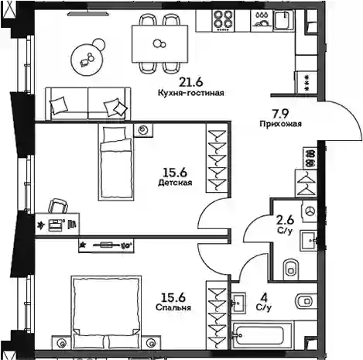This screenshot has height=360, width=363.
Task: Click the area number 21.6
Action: click(x=191, y=82)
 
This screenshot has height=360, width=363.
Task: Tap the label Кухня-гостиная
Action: click(x=191, y=93)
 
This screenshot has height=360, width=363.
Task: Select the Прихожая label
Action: click(x=281, y=124)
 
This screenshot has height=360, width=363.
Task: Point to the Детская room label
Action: click(x=175, y=183)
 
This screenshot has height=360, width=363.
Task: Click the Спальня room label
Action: click(x=173, y=307)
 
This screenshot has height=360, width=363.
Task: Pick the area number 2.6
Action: click(x=286, y=220)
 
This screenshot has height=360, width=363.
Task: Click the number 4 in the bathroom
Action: click(x=264, y=297)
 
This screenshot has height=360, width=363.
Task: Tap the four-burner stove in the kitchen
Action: click(x=224, y=20)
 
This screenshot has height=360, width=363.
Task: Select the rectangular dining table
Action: click(x=159, y=43)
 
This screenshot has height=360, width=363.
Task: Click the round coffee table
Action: click(x=87, y=60)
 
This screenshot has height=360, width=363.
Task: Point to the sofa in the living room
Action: click(x=88, y=104)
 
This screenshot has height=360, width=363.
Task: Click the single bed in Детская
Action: click(x=116, y=162)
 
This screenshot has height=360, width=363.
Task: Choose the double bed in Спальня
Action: click(x=106, y=312)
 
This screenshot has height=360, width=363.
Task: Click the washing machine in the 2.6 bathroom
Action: click(x=310, y=211)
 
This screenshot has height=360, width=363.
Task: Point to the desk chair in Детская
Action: click(x=58, y=206)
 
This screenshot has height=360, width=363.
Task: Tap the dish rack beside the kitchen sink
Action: click(x=262, y=21)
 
